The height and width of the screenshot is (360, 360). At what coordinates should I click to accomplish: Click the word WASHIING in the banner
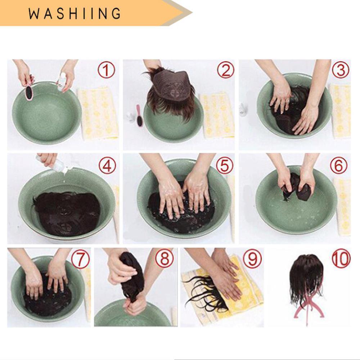pyautogui.click(x=75, y=13)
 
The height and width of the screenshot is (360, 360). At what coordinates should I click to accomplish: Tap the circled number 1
pyautogui.click(x=106, y=70)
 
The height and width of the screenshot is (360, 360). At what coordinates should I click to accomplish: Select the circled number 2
pyautogui.click(x=225, y=70)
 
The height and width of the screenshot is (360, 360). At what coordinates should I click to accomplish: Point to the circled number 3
pyautogui.click(x=341, y=70)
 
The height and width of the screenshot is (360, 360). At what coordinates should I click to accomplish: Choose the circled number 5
pyautogui.click(x=225, y=165)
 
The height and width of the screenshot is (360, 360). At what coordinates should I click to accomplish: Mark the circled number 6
pyautogui.click(x=339, y=165)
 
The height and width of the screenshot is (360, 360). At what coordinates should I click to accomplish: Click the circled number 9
pyautogui.click(x=252, y=258)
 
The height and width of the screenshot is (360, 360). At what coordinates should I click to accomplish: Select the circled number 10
pyautogui.click(x=341, y=259)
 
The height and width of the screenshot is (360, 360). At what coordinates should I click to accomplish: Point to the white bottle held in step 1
pyautogui.click(x=61, y=81)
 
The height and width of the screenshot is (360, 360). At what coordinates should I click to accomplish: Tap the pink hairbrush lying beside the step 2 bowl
pyautogui.click(x=139, y=116)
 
